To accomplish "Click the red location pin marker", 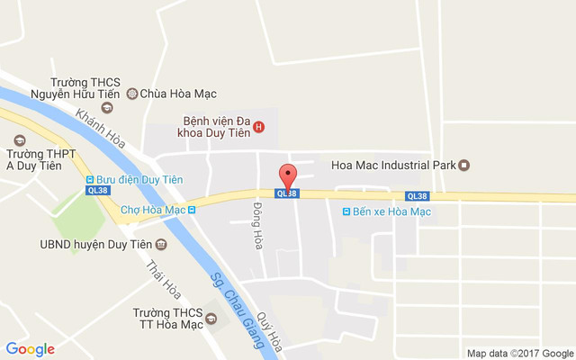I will tap(288, 175).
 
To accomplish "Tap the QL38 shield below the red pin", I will tap(286, 193).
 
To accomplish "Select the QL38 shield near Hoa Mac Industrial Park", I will tap(417, 196).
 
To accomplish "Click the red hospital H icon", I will tap(259, 126).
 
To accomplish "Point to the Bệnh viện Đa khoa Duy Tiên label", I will tap(216, 125).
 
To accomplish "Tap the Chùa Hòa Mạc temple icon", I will tap(131, 93).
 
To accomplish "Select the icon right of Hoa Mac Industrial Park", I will tap(464, 165).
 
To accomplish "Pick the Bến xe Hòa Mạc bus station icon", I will tap(347, 211).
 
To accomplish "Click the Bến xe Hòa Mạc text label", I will tap(393, 211).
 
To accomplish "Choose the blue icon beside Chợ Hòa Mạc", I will tap(192, 210).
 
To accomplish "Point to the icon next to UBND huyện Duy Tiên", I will tap(161, 244).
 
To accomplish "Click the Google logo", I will tap(30, 349).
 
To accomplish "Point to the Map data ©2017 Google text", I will tap(519, 353).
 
